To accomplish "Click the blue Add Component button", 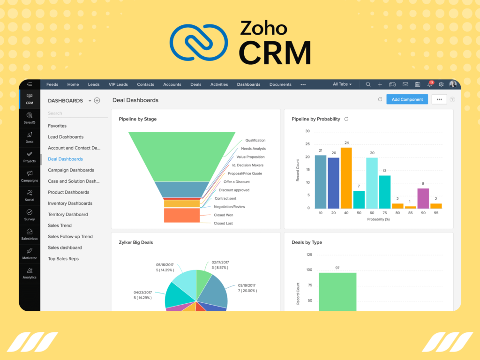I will (407, 99).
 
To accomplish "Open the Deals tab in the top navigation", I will (196, 84).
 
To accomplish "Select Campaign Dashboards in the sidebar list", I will (71, 170).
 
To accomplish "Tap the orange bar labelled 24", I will (346, 178).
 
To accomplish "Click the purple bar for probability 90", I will (423, 198).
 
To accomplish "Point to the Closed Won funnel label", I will (224, 215).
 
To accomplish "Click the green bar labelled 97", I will (337, 291).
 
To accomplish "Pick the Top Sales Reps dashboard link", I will (63, 259).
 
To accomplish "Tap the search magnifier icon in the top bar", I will (368, 84).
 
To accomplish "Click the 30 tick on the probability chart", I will (307, 131).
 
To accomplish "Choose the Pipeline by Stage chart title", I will (138, 119).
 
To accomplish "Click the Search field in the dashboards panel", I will (77, 113).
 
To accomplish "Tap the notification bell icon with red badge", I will (429, 84).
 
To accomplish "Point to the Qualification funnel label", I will (255, 140).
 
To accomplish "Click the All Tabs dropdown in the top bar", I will (342, 84).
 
